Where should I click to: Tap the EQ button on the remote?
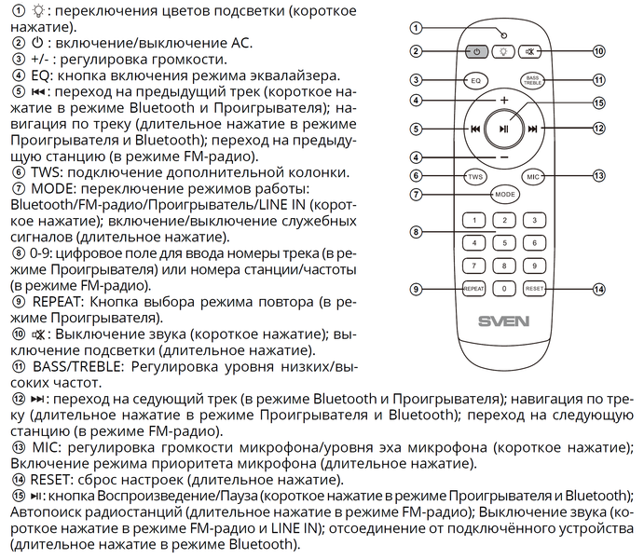click(474, 81)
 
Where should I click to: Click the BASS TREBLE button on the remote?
click(532, 81)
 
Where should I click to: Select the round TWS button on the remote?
click(474, 175)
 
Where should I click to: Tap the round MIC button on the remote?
click(533, 175)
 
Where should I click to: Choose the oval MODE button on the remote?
click(503, 194)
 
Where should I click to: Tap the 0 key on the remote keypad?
click(503, 289)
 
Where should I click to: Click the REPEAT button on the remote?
click(473, 289)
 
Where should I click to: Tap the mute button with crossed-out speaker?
click(532, 52)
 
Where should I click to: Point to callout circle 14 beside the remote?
click(599, 289)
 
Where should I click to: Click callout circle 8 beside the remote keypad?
click(416, 231)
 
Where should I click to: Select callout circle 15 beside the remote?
click(599, 103)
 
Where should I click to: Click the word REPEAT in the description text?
click(65, 302)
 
